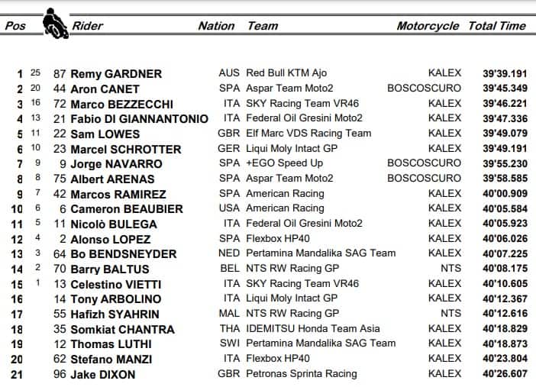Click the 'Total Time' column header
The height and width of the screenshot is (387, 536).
[497, 26]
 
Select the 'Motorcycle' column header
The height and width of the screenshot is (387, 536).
[428, 26]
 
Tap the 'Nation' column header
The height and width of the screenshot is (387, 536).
[216, 26]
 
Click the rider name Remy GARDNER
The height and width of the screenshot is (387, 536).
[116, 74]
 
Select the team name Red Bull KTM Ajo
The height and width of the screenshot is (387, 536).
[286, 73]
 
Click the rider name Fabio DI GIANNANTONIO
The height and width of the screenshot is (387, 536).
[139, 119]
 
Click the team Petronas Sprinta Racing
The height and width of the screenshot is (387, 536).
[301, 374]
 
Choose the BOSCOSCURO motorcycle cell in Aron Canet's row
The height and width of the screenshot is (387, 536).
[425, 89]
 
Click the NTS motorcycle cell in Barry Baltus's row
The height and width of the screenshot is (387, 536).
[450, 269]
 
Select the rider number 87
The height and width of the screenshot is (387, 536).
[60, 74]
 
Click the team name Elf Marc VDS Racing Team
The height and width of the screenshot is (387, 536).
[308, 134]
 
